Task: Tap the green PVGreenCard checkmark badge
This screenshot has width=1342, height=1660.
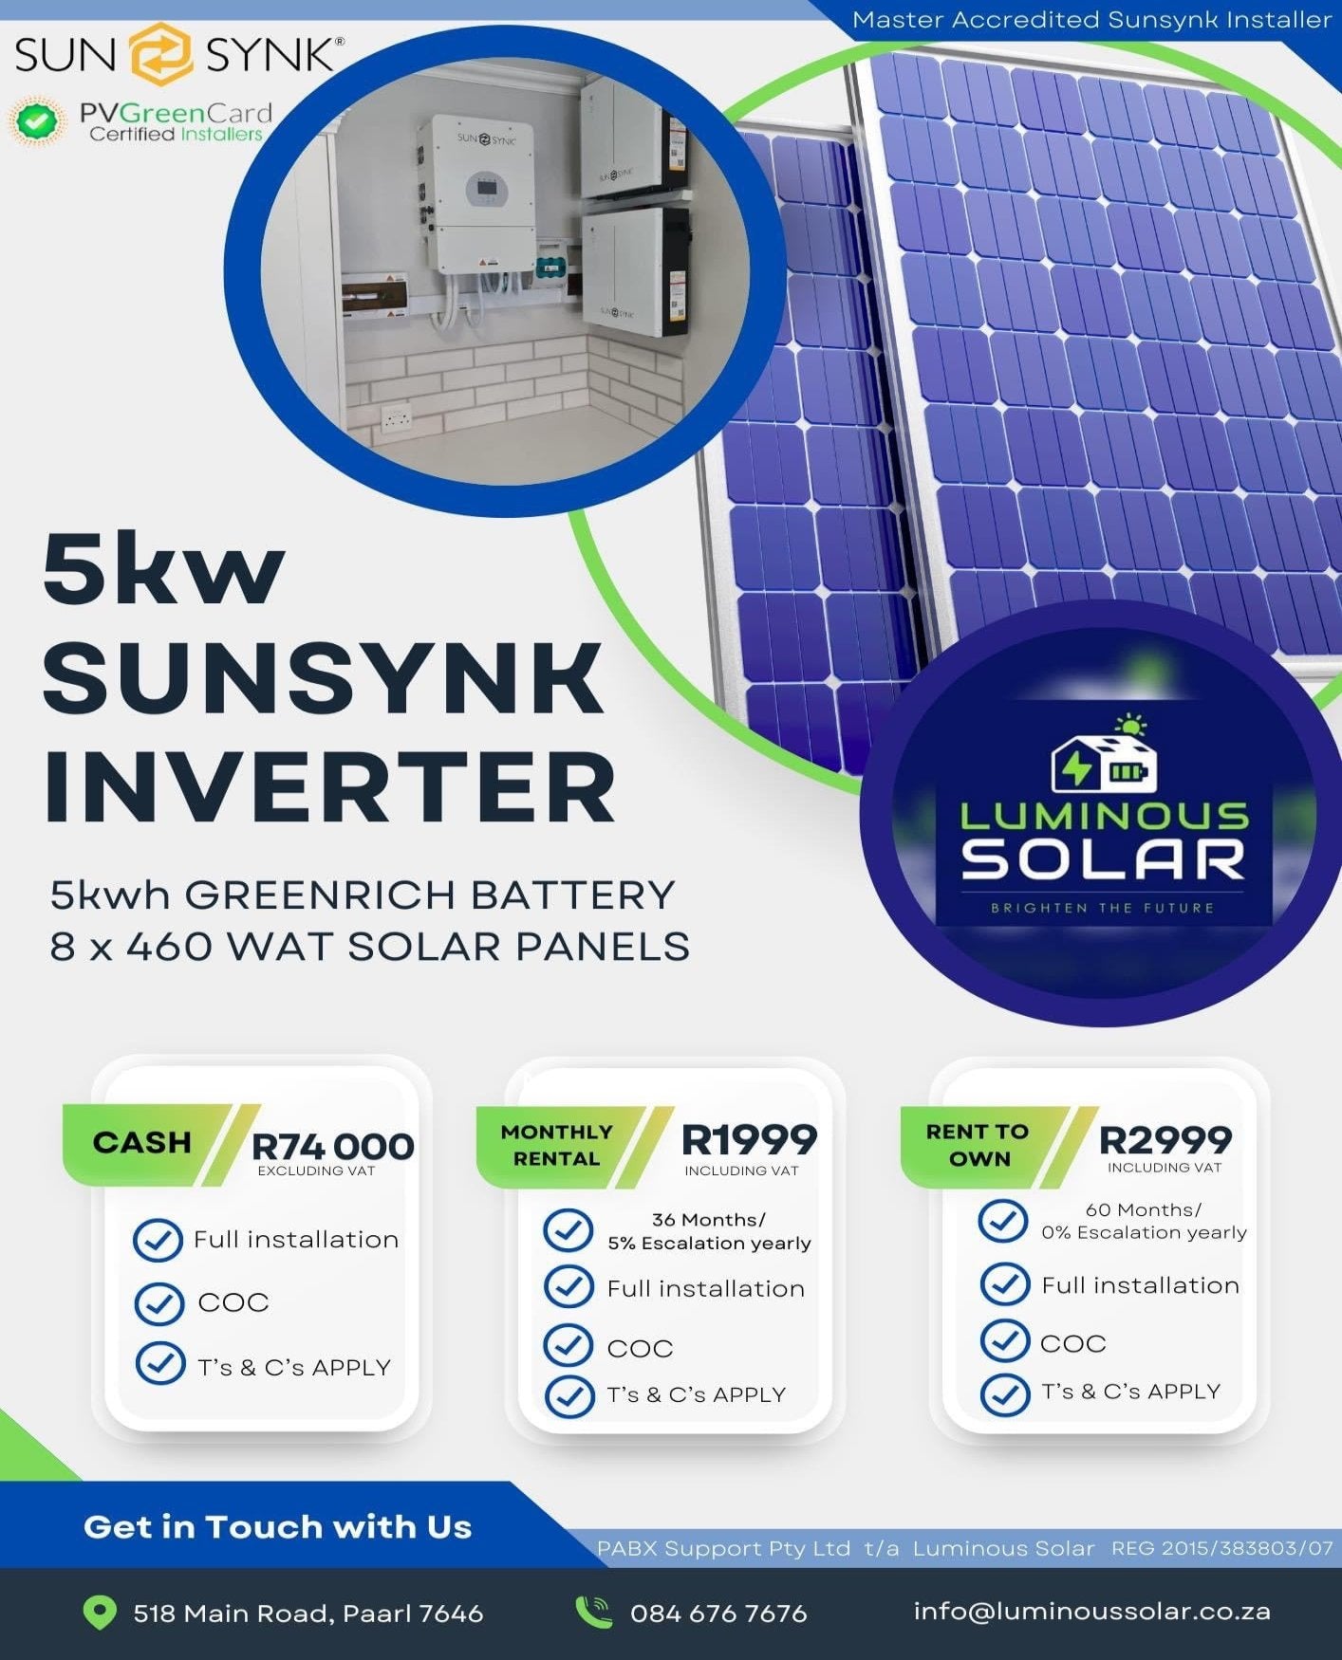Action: [37, 122]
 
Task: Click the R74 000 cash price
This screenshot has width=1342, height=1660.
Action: [332, 1146]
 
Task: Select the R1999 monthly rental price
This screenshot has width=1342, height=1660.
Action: [749, 1139]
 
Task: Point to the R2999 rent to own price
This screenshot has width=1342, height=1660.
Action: [1165, 1139]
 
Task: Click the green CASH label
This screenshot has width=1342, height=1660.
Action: [141, 1142]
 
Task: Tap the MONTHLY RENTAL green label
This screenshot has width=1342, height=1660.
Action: [557, 1145]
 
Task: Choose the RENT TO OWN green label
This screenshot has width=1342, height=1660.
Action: [978, 1144]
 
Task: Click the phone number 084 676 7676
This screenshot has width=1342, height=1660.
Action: [718, 1613]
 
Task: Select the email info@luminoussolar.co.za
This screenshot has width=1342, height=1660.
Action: [1091, 1611]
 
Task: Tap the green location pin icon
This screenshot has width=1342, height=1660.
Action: [100, 1612]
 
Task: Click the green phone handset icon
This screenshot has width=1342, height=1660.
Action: [594, 1611]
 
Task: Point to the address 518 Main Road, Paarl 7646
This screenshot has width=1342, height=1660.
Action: [308, 1613]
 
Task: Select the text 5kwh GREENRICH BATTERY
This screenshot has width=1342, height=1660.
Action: [363, 895]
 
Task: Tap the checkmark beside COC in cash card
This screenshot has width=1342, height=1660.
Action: [159, 1303]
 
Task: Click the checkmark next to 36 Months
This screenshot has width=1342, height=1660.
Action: [568, 1229]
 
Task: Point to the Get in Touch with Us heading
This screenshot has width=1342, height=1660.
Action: [277, 1526]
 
